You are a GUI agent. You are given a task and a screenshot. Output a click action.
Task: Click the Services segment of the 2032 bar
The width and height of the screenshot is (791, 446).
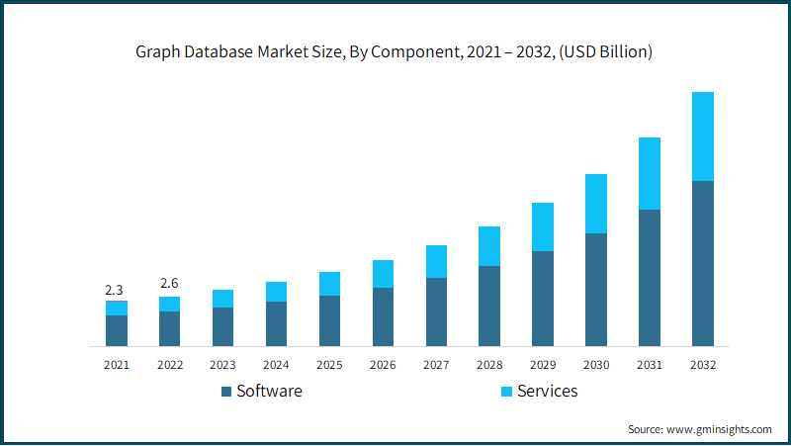(x=703, y=136)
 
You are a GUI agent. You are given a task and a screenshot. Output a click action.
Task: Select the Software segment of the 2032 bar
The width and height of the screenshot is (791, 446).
(x=703, y=263)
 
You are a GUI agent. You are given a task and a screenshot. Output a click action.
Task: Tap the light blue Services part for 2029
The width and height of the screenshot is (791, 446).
(x=543, y=227)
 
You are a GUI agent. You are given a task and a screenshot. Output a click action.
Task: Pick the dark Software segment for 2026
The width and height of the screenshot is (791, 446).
(x=383, y=316)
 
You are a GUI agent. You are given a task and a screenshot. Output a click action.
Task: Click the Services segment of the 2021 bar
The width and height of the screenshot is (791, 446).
(x=117, y=309)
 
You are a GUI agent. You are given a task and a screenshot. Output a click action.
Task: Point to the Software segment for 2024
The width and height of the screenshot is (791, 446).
(x=277, y=324)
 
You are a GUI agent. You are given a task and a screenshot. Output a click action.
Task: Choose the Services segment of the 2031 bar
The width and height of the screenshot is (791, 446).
(x=650, y=174)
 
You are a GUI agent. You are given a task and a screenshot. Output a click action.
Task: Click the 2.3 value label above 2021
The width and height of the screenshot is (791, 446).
(x=114, y=290)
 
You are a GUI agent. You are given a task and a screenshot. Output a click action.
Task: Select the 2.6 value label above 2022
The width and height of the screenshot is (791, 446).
(x=169, y=283)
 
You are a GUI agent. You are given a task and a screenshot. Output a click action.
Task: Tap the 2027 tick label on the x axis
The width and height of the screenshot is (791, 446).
(x=436, y=365)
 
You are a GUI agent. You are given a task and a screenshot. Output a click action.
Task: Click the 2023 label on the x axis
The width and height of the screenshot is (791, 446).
(x=222, y=365)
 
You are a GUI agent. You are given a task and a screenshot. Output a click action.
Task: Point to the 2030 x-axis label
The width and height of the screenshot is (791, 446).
(x=596, y=365)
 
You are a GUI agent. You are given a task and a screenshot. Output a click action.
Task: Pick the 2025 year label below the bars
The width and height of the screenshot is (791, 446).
(x=329, y=365)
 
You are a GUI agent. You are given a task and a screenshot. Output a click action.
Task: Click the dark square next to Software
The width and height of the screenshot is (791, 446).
(x=226, y=392)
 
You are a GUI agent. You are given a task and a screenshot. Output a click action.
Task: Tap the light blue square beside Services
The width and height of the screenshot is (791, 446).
(x=506, y=392)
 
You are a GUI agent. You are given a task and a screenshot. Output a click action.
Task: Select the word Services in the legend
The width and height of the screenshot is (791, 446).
(x=548, y=391)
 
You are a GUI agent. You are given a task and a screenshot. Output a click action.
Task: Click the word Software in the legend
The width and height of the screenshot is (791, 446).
(x=269, y=391)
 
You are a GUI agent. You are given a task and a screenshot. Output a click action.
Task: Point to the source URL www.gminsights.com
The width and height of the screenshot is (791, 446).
(x=719, y=429)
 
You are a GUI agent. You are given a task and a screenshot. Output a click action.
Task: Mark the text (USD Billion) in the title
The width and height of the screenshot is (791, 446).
(x=605, y=52)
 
